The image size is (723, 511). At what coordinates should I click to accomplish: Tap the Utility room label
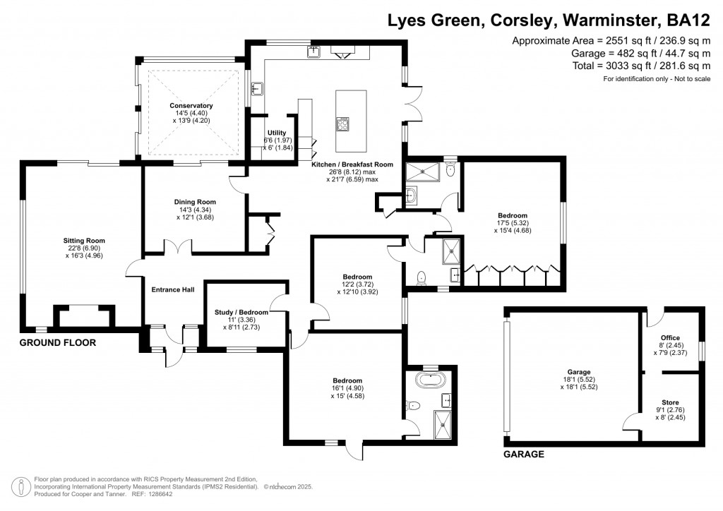(276, 133)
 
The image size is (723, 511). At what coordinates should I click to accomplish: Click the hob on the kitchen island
(344, 124)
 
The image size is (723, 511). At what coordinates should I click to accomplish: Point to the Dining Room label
(193, 202)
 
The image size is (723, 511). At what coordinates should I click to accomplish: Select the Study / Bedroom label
(241, 312)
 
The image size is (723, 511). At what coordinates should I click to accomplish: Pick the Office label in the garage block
(670, 338)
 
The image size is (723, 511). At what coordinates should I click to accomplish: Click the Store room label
(670, 402)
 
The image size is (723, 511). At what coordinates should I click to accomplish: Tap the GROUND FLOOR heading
(57, 343)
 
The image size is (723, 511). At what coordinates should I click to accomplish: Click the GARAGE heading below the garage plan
(523, 455)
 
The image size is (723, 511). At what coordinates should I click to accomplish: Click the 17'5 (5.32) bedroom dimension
(512, 224)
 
